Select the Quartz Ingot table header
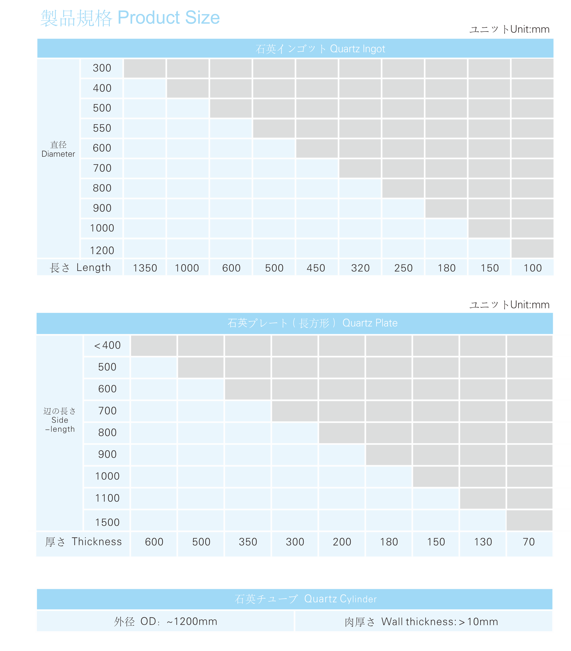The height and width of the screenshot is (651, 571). coord(320,49)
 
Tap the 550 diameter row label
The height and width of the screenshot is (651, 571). coord(102,128)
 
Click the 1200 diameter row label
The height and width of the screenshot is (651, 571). coord(102,250)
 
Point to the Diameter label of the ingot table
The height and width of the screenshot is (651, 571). coord(58,149)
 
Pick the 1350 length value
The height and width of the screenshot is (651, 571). coord(145,268)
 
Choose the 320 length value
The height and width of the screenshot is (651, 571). coord(360,268)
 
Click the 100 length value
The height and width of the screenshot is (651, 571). coord(532,268)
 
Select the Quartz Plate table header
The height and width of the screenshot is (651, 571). coord(312,323)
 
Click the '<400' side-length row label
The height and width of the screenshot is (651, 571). coord(107,345)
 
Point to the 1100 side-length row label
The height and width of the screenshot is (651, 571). coord(107,498)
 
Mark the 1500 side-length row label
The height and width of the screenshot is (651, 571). coord(107,522)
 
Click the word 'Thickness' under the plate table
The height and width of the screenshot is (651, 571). coord(97,541)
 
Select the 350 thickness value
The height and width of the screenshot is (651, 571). coord(248,542)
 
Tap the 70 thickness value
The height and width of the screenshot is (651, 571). coord(529,542)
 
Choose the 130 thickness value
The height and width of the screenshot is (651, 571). coord(483,542)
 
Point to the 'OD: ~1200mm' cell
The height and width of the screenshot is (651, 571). coord(166,621)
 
